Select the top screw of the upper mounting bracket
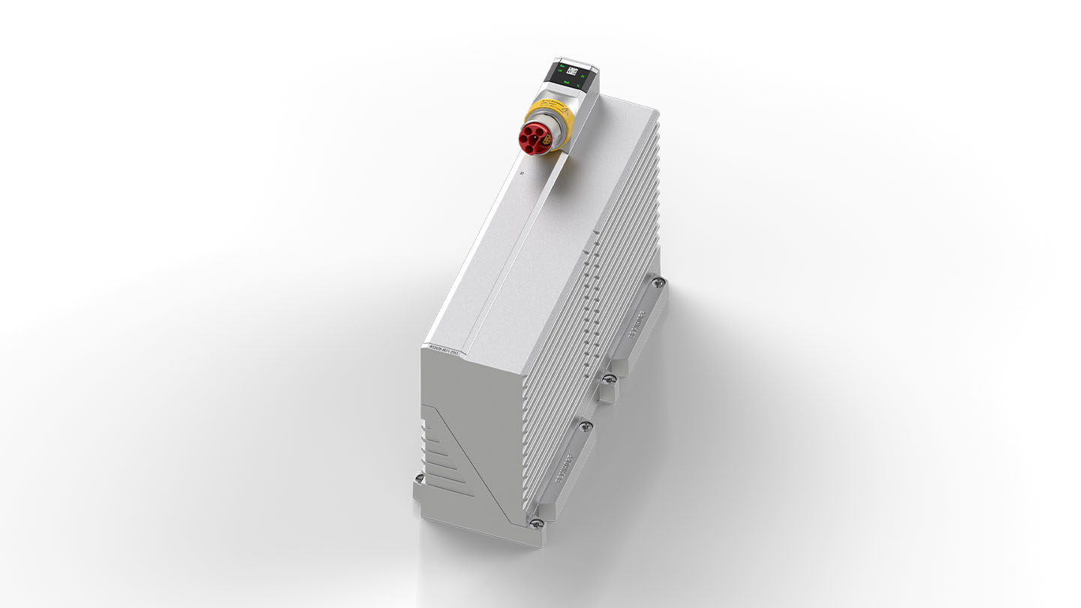[x=658, y=282]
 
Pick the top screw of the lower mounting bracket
[x=586, y=426]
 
